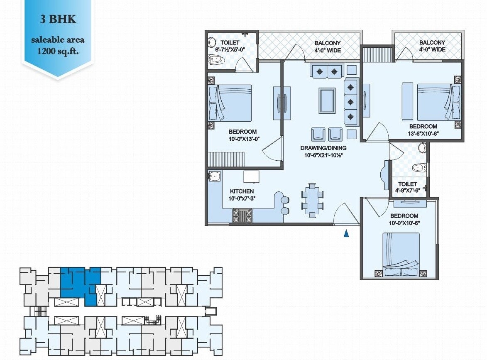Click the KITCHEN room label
pos(242,191)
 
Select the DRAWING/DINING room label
pos(323,148)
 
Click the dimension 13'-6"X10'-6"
pos(423,133)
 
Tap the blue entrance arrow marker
pos(346,234)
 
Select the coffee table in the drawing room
pos(327,100)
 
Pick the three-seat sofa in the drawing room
pos(351,102)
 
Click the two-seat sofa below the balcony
pos(327,71)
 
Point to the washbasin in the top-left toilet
pos(211,42)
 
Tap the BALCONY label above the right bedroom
pos(432,42)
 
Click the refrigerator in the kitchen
pos(251,176)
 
